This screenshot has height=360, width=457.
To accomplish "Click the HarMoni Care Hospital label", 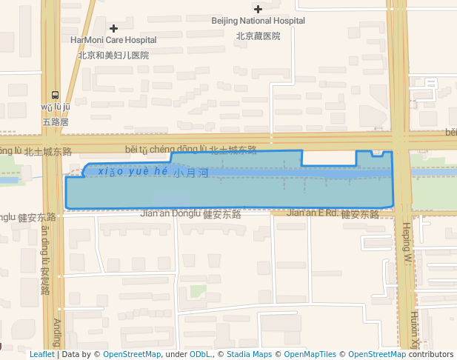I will point(113,40).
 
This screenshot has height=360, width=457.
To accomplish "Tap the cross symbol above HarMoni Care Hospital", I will point(113,28).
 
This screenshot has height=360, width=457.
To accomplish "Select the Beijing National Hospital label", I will point(258,21).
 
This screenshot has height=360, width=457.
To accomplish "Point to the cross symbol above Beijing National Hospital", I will point(258,9).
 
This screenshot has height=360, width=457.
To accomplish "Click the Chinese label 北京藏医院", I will point(258,35).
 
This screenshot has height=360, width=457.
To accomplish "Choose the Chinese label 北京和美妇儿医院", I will point(113,55).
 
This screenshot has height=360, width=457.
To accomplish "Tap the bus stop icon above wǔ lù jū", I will point(56,95).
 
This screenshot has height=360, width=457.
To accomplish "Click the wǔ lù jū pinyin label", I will point(56,107).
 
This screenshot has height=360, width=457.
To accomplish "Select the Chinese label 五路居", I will point(56,121).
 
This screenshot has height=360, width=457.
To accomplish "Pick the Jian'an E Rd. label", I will point(312,213).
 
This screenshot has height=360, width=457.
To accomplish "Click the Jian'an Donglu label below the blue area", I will point(170,213).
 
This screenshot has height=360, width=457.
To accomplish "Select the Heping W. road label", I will point(407,245).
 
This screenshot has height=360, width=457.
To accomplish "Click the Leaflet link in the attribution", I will point(41,355).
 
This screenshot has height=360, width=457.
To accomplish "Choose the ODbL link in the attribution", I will point(200,355).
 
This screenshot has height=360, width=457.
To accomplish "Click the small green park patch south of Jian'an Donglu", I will point(197,290).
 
